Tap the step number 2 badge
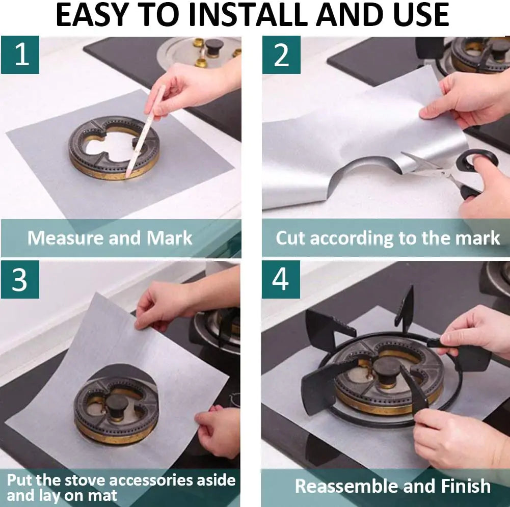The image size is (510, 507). (281, 55)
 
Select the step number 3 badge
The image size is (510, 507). (20, 279)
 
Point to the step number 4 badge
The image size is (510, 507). (281, 279)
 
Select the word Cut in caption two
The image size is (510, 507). (291, 238)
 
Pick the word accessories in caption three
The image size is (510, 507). (145, 480)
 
